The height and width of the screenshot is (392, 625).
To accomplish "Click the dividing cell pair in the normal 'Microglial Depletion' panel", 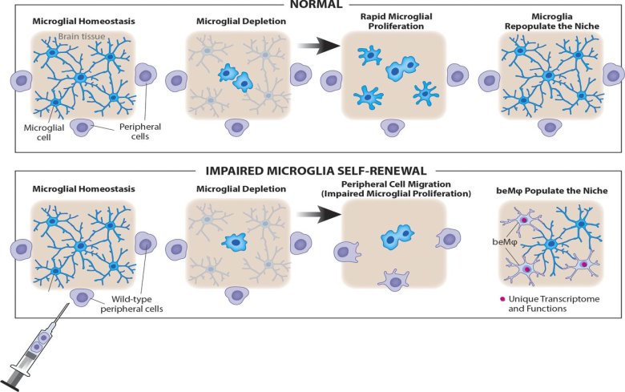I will coord(235,78).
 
